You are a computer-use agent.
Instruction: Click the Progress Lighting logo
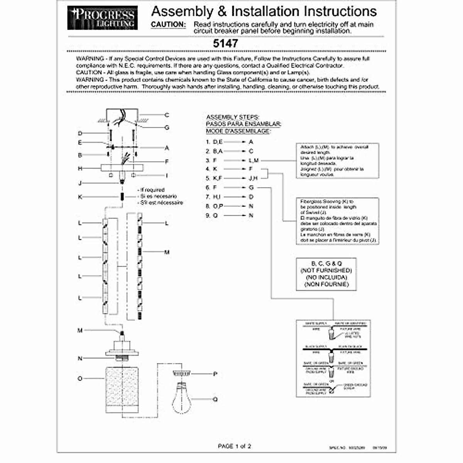[102, 18]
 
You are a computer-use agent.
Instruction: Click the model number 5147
[225, 43]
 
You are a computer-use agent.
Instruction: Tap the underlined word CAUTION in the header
[168, 24]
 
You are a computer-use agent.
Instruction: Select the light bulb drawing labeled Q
[181, 397]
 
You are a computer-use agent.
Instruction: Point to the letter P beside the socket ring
[215, 374]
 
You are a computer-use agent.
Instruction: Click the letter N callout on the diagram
[80, 358]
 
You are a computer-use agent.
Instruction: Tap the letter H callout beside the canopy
[80, 169]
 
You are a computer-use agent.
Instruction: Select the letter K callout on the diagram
[80, 197]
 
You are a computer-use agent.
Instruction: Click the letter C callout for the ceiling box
[167, 115]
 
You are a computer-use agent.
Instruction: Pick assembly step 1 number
[208, 142]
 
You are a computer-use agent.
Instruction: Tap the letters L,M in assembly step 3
[254, 161]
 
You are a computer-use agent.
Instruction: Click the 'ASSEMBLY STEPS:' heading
[233, 117]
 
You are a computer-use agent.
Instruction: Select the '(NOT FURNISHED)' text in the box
[326, 270]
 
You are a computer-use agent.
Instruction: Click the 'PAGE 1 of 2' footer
[234, 446]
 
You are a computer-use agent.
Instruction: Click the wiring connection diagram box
[333, 358]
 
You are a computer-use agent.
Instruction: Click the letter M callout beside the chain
[167, 252]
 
